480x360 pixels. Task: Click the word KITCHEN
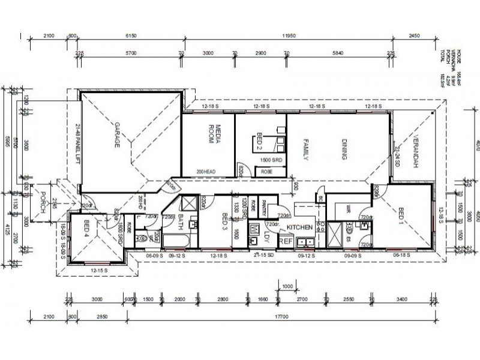tap(299, 227)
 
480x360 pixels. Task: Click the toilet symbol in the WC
tap(142, 239)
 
